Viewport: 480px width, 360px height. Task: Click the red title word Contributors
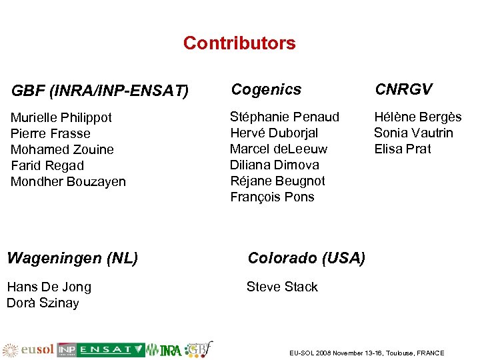click(239, 43)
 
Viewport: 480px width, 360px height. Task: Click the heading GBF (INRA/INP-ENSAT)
click(100, 89)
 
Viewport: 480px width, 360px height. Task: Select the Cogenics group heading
click(266, 89)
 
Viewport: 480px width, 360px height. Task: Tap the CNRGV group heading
click(403, 89)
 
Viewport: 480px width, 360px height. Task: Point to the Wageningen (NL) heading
click(72, 258)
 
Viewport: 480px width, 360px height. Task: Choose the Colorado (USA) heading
click(306, 258)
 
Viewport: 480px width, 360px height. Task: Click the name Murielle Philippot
click(61, 118)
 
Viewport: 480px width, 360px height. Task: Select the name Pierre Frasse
click(51, 134)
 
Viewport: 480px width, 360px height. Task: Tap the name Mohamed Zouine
click(62, 150)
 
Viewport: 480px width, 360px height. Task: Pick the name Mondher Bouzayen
click(68, 182)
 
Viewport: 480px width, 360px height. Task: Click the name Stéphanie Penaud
click(285, 117)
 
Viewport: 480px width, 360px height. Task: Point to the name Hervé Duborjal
click(274, 133)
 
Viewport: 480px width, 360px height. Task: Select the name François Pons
click(272, 197)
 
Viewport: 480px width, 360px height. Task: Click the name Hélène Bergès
click(417, 117)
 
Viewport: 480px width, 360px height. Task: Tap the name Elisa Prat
click(403, 149)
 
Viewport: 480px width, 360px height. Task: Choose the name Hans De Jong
click(49, 287)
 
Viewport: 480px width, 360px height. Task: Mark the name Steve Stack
click(282, 287)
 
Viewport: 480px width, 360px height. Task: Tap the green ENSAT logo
click(110, 350)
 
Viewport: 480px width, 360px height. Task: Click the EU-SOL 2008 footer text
click(366, 353)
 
